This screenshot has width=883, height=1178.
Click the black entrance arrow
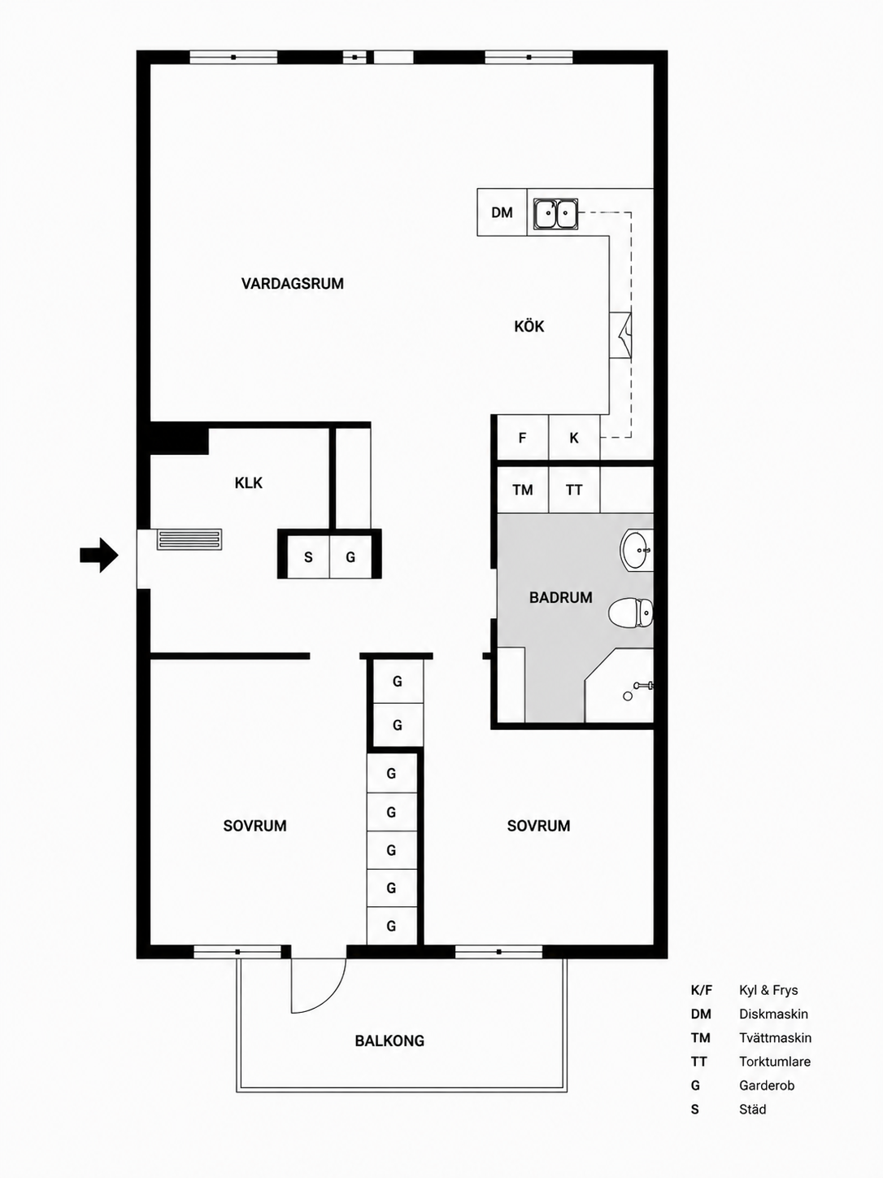99,555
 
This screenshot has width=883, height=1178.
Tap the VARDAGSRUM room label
292,283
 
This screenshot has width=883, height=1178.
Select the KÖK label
529,325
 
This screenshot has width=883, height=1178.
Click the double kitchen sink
556,214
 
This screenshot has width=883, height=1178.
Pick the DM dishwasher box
502,212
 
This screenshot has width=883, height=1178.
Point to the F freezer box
523,438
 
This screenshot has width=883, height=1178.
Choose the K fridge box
574,438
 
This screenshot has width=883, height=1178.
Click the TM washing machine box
523,490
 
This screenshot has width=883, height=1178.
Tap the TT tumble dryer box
574,490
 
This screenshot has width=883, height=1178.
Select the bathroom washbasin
637,550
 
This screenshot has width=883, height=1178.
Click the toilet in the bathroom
630,613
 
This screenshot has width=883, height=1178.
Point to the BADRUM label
561,597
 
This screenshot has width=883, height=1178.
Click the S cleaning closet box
308,556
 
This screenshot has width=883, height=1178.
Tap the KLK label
249,483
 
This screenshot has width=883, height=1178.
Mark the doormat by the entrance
189,539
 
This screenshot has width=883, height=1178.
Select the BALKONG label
389,1041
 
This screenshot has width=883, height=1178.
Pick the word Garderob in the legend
767,1085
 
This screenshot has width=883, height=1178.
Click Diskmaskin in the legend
773,1014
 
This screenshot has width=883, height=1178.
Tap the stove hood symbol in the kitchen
621,334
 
